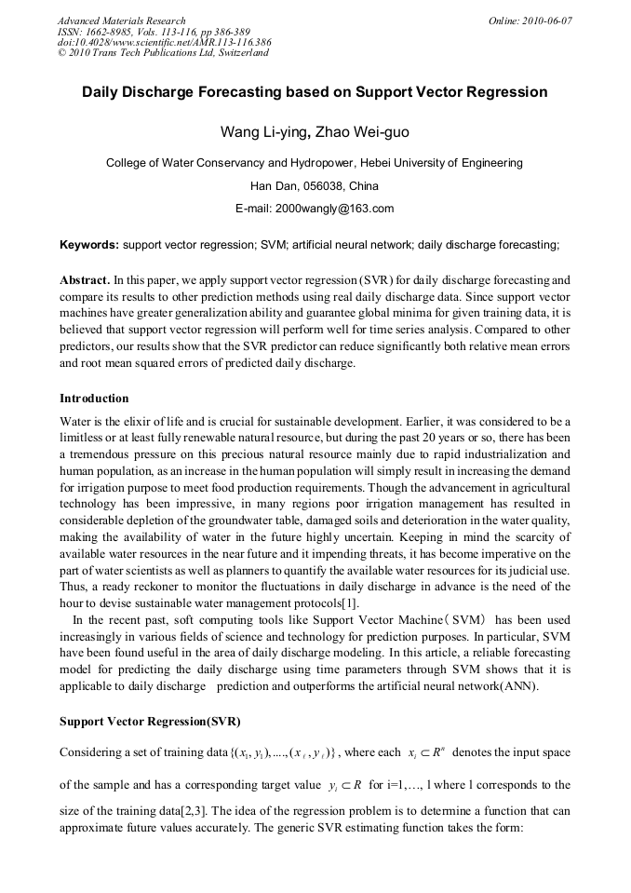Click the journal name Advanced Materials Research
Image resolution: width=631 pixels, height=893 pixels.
click(x=121, y=20)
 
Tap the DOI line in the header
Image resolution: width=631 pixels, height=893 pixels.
click(x=164, y=42)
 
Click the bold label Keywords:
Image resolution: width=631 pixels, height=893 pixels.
click(x=89, y=245)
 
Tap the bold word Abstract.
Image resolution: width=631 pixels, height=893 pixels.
click(x=84, y=279)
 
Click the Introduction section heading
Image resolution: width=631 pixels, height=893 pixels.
click(x=94, y=398)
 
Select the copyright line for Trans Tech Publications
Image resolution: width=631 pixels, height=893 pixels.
click(x=163, y=53)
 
